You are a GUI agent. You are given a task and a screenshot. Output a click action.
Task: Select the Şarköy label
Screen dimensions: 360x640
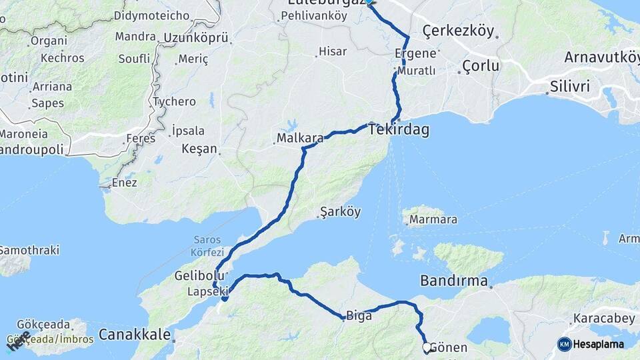[340, 212]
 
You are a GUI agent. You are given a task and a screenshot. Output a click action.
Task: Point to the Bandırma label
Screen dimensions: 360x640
[454, 281]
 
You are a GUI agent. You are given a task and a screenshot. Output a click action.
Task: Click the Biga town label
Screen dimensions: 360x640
[359, 316]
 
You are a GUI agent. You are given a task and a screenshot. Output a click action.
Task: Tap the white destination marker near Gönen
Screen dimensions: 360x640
[427, 347]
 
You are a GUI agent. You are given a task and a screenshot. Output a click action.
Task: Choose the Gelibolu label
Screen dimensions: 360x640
[194, 275]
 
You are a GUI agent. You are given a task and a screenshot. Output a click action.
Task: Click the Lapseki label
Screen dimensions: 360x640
[207, 291]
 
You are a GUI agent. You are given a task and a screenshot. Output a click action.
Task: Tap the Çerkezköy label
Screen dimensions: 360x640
[458, 31]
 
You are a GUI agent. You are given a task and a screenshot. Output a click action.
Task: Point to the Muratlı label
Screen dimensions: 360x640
[417, 70]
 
